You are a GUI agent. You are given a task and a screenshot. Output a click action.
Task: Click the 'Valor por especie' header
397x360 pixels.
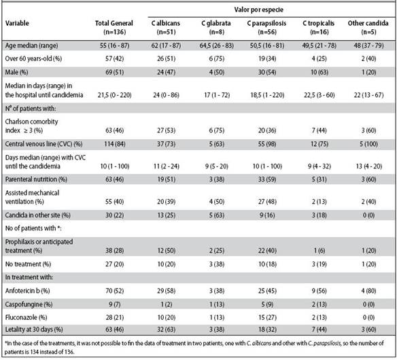pyautogui.click(x=258, y=10)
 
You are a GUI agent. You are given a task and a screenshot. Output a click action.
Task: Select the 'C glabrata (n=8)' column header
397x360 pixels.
pyautogui.click(x=216, y=28)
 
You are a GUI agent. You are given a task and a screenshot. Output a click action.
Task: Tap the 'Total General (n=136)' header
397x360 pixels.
pyautogui.click(x=114, y=28)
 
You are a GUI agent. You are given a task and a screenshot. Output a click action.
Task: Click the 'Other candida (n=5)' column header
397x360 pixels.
pyautogui.click(x=368, y=28)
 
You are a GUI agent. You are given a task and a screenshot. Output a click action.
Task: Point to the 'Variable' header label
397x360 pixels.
pyautogui.click(x=17, y=23)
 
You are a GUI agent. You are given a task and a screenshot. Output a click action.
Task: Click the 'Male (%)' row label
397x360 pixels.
pyautogui.click(x=16, y=73)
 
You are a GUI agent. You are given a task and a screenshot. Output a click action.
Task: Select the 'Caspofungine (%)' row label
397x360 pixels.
pyautogui.click(x=29, y=304)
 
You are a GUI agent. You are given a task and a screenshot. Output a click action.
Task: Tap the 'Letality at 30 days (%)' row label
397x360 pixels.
pyautogui.click(x=34, y=329)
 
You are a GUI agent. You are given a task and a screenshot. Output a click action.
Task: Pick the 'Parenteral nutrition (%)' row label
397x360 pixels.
pyautogui.click(x=36, y=179)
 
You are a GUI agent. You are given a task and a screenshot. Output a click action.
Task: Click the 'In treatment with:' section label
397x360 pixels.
pyautogui.click(x=29, y=277)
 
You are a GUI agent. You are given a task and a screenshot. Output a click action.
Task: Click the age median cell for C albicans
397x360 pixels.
pyautogui.click(x=166, y=46)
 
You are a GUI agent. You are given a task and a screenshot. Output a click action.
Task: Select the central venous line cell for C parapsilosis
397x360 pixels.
pyautogui.click(x=267, y=144)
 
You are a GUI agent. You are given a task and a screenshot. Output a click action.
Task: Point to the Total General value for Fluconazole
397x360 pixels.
pyautogui.click(x=114, y=317)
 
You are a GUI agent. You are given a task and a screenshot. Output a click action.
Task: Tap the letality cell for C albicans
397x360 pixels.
pyautogui.click(x=166, y=329)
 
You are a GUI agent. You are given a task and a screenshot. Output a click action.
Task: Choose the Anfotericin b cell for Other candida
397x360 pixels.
pyautogui.click(x=368, y=291)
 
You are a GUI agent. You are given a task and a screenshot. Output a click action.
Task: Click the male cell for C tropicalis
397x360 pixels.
pyautogui.click(x=320, y=73)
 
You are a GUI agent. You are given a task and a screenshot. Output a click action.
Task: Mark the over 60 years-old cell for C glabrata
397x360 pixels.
pyautogui.click(x=216, y=58)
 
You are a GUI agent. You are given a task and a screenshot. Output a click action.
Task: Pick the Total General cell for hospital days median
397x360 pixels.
pyautogui.click(x=114, y=95)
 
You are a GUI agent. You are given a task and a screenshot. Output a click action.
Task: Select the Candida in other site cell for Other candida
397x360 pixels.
pyautogui.click(x=368, y=215)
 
